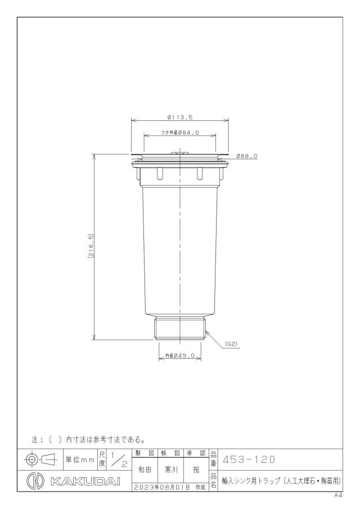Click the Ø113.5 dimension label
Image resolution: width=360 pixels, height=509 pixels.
coord(180,117)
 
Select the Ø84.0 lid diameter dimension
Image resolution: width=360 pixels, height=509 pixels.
coord(180,132)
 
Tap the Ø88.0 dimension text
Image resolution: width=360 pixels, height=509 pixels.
coord(247,156)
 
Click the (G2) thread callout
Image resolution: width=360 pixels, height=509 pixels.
coord(231,344)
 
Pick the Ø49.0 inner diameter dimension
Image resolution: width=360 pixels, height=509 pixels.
coord(180,355)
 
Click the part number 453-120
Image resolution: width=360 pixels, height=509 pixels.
coord(249,460)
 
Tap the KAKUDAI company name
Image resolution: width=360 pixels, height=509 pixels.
coord(85,481)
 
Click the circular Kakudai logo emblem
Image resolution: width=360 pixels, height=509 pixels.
coord(35,481)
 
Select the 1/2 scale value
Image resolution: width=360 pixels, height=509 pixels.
coord(119,460)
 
